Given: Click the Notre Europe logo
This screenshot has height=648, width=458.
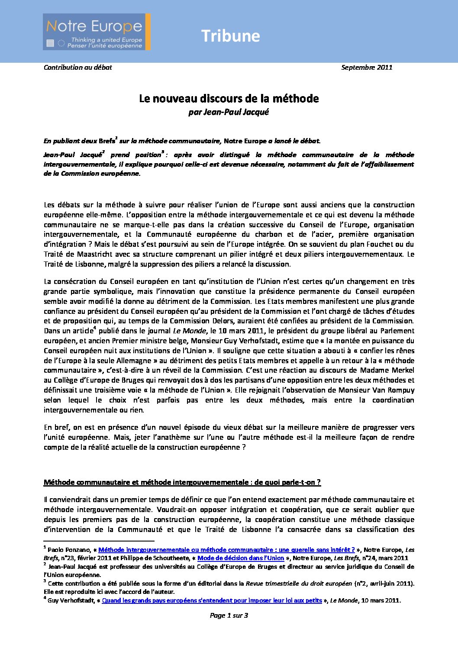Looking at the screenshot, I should click(97, 32).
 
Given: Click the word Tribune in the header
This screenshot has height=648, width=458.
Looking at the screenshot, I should click(230, 36).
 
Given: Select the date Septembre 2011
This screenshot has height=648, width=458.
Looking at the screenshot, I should click(367, 67).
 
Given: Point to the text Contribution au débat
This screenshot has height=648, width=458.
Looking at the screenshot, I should click(78, 67).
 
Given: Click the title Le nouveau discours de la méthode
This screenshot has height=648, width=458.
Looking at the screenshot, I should click(229, 99).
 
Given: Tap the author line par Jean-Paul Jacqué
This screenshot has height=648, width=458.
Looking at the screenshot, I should click(229, 112).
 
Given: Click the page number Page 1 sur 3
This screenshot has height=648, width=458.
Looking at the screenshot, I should click(229, 615).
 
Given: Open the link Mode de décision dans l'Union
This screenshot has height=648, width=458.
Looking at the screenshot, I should click(241, 558).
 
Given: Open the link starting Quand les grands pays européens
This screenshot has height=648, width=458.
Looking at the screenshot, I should click(212, 600).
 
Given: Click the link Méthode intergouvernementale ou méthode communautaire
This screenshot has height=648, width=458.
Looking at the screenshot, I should click(226, 550).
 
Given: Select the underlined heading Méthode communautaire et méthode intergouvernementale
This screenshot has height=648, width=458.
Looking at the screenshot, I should click(182, 482).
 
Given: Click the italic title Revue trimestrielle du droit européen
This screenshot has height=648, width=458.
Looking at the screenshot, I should click(299, 584).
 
